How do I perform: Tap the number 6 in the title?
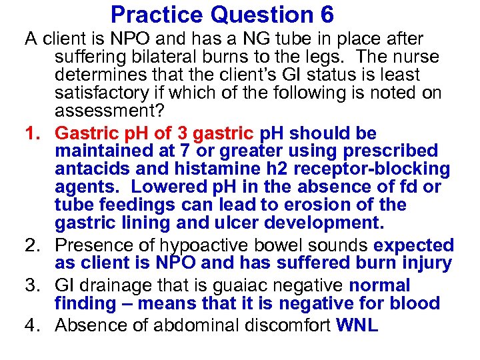[326, 14]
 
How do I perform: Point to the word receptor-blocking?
[373, 169]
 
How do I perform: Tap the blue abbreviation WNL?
[357, 325]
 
